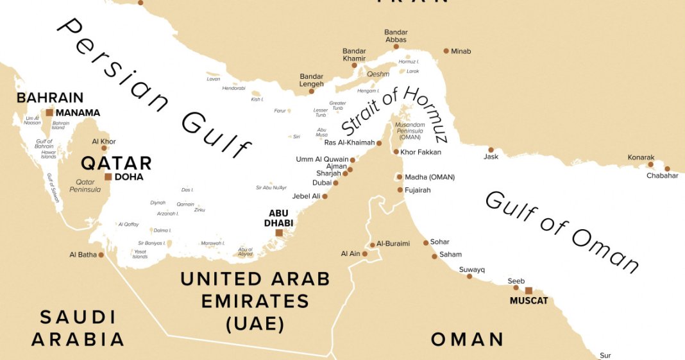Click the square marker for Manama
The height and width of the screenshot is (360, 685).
(49, 112)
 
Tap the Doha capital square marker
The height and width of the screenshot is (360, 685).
(108, 176)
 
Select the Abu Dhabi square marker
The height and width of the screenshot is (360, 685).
(279, 232)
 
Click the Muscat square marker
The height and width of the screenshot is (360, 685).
(529, 291)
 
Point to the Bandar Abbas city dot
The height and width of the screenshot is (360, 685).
(396, 46)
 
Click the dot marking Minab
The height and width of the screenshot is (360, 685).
(446, 51)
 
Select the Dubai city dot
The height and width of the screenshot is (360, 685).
(335, 183)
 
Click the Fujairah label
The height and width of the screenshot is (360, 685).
(418, 190)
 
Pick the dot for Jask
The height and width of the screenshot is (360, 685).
(490, 150)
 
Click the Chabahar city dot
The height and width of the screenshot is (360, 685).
(668, 169)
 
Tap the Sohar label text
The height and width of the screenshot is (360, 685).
(440, 242)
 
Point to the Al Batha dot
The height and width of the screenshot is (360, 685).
(101, 255)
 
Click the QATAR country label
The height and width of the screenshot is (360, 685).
(116, 162)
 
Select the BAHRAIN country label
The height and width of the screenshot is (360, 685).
(50, 98)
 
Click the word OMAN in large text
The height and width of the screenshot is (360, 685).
(467, 339)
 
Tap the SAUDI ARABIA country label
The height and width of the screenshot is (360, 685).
(78, 328)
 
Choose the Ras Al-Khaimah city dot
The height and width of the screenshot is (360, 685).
(379, 143)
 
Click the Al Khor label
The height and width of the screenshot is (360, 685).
(104, 141)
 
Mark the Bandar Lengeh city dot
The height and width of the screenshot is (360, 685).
(312, 91)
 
